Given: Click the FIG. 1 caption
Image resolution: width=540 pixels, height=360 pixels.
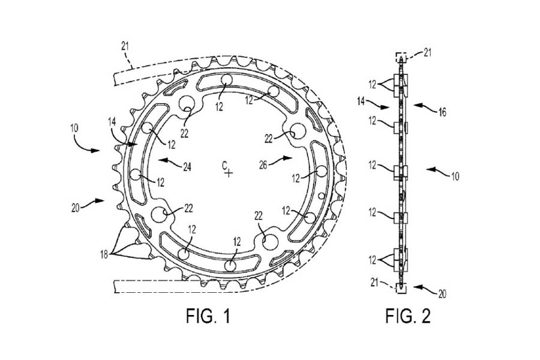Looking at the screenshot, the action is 208,316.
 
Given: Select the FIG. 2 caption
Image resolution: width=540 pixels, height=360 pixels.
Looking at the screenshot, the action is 408,316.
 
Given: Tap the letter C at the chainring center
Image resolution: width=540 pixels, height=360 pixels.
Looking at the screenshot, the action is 224,166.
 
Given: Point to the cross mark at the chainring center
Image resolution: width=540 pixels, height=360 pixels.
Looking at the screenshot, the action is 229,173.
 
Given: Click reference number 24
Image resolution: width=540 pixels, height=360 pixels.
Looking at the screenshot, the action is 187,167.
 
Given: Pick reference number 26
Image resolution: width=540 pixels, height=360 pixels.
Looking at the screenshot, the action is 263,165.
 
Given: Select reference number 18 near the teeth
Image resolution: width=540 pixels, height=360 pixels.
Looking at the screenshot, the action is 104,254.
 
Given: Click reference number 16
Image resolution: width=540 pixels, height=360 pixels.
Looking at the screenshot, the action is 442,112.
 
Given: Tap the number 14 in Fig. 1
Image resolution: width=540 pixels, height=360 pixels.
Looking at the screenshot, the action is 112,121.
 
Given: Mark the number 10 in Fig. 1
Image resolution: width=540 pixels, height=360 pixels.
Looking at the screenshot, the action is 74,128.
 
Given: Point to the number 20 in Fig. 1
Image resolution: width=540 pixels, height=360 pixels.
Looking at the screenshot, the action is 76,208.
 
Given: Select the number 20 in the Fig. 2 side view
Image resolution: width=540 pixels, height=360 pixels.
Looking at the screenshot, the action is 442,293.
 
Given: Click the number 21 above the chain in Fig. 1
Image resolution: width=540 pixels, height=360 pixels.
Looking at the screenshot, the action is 125,45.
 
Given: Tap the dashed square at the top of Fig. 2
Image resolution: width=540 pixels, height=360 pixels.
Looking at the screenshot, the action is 401,57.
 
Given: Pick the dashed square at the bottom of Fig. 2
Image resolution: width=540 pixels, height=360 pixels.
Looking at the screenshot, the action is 401,288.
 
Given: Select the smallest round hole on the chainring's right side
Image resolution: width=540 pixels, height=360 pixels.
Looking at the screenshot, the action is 321,196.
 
